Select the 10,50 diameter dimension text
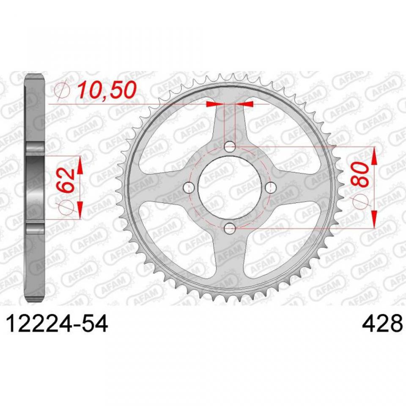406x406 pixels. [107, 90]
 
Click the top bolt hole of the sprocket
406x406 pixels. [230, 147]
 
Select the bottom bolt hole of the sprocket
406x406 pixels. [230, 229]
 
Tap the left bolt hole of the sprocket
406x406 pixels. [189, 188]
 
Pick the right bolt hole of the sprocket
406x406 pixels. [271, 188]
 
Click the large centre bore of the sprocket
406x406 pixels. [230, 188]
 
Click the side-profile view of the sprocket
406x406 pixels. [36, 188]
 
